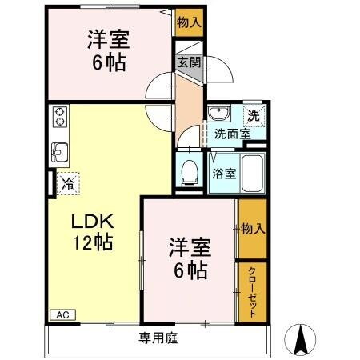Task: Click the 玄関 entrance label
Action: click(190, 62)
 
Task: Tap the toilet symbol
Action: click(190, 170)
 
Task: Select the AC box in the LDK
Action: click(62, 314)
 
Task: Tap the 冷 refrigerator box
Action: click(70, 183)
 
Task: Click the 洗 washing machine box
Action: click(252, 115)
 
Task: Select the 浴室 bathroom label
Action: click(223, 173)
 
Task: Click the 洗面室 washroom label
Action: click(232, 134)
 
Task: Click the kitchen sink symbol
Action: click(60, 150)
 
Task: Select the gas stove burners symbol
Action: click(59, 118)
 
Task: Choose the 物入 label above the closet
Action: click(252, 230)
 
